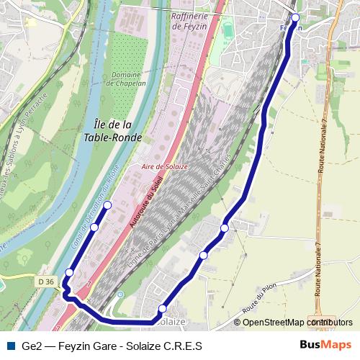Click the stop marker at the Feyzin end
pos(295,18)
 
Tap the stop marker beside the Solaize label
pos(163,309)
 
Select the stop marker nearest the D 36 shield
pos(69,272)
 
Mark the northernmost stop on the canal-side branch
pos(108,205)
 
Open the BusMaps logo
pos(325,345)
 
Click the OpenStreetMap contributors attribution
pos(297,323)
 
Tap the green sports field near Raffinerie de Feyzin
pos(228,31)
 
